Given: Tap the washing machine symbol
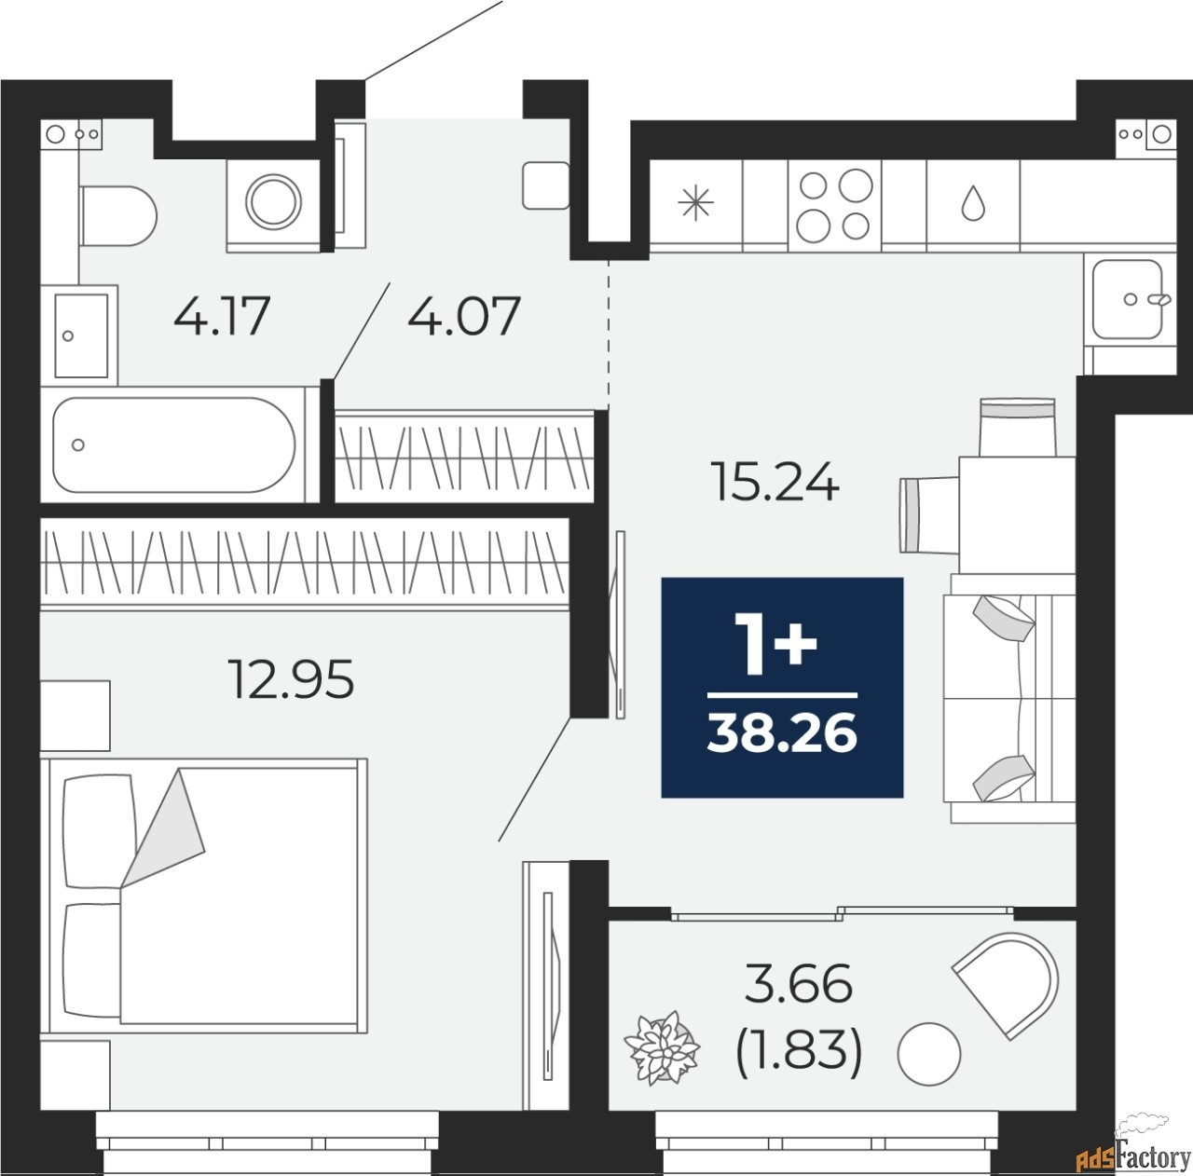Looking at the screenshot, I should (x=274, y=201).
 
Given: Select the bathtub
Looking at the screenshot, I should (x=174, y=444).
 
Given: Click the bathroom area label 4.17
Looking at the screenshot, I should (x=222, y=316).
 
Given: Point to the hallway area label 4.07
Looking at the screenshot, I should (x=463, y=316).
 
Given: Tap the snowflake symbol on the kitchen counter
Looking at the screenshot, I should (x=695, y=204).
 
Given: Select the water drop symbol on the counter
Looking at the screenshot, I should (x=973, y=203).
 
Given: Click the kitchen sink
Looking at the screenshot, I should (x=1128, y=298).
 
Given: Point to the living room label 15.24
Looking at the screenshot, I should (x=775, y=483).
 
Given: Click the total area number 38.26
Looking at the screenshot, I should (x=782, y=734).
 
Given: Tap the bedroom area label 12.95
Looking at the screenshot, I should (x=292, y=679).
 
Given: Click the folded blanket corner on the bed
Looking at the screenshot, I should (x=166, y=830).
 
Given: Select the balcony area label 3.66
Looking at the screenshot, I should (x=799, y=984).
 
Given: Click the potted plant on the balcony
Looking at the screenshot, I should (x=662, y=1050).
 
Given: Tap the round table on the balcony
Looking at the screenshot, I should (x=928, y=1053).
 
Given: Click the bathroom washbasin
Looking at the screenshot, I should (x=81, y=334).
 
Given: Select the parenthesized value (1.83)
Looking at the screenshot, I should (x=799, y=1052).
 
